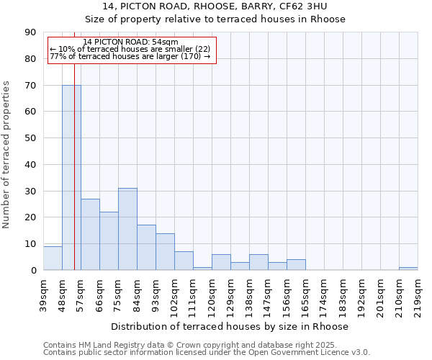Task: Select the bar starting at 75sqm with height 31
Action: [127, 229]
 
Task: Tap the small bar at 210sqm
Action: [408, 269]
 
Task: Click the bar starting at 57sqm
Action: [90, 235]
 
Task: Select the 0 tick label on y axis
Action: [35, 270]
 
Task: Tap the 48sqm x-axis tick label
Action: [63, 294]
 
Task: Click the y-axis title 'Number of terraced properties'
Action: [6, 155]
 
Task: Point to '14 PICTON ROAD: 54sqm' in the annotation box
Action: [130, 42]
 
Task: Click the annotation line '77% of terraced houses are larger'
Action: [130, 56]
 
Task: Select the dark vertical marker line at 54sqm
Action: [74, 180]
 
